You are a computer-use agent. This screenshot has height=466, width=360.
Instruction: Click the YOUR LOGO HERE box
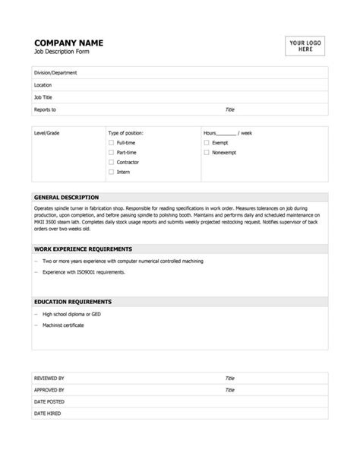[x=305, y=46]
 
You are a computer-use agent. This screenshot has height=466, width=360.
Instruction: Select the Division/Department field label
[x=55, y=73]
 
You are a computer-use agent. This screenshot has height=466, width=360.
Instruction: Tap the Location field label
[x=43, y=85]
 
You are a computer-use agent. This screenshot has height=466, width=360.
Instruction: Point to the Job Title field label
[x=44, y=97]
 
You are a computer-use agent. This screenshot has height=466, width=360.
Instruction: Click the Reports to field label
[x=46, y=109]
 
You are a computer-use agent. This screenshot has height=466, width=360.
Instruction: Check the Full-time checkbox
[x=111, y=143]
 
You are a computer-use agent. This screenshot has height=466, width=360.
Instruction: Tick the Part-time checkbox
[x=111, y=153]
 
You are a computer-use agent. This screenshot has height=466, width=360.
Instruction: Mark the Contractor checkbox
[x=111, y=163]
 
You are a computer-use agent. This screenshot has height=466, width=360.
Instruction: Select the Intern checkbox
[x=111, y=173]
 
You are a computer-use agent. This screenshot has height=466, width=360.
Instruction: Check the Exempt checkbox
[x=207, y=143]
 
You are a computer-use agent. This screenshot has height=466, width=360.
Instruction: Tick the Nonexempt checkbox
[x=207, y=153]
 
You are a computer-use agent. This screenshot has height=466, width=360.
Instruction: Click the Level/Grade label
[x=46, y=133]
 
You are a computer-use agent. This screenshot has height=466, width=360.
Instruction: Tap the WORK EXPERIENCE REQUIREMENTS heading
[x=84, y=249]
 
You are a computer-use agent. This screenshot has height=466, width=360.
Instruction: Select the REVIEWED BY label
[x=50, y=378]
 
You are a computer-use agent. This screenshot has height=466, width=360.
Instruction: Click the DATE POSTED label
[x=49, y=401]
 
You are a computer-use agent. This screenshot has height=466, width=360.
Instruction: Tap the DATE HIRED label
[x=48, y=414]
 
